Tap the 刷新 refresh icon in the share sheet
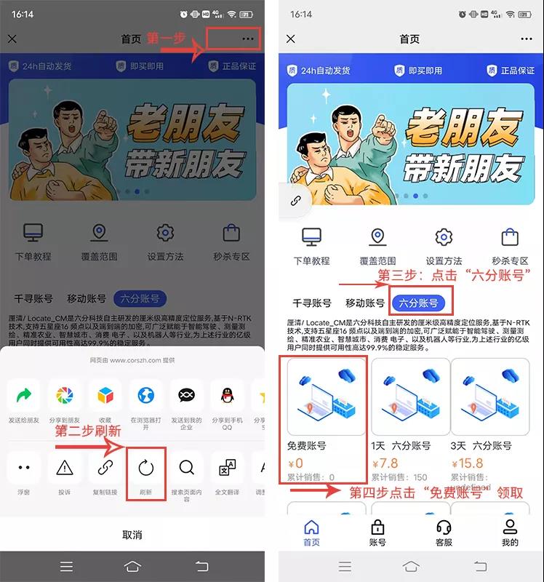tap(146, 468)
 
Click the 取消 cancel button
tap(132, 535)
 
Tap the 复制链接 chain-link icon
tap(105, 468)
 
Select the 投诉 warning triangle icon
tap(65, 468)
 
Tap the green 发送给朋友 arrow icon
tap(24, 396)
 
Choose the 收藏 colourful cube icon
tap(105, 396)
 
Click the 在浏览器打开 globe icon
tap(145, 396)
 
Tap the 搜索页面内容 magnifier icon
tap(186, 468)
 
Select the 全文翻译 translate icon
tap(227, 468)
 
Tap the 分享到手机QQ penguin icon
tap(227, 396)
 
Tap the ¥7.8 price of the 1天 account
tap(385, 463)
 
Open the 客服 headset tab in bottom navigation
tap(444, 533)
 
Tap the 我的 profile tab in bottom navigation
tap(510, 533)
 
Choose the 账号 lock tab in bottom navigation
tap(377, 533)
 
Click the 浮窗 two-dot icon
tap(24, 468)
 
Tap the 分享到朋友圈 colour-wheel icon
tap(65, 396)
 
